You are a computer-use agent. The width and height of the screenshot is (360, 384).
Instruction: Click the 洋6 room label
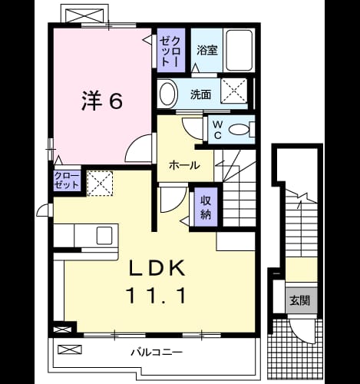(102, 101)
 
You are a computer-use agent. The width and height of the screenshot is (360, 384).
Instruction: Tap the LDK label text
(157, 268)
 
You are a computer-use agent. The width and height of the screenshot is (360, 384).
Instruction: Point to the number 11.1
(156, 296)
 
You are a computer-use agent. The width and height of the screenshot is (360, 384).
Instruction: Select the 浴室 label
(207, 50)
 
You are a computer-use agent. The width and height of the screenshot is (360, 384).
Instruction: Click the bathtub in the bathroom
(239, 50)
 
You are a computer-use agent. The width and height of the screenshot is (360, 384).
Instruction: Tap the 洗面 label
(200, 94)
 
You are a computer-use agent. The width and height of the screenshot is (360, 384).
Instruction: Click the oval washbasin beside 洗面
(168, 94)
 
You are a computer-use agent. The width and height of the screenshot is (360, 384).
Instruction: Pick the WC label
(217, 130)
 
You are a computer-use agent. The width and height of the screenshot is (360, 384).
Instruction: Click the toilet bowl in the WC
(239, 130)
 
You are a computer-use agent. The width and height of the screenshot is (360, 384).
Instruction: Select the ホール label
(184, 165)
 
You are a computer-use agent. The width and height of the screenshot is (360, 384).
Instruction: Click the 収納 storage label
(206, 207)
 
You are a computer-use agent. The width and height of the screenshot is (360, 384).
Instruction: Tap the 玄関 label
(300, 300)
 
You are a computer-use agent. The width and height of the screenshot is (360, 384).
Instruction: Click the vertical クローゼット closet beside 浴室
(170, 51)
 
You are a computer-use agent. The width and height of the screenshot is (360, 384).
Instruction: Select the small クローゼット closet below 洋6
(67, 180)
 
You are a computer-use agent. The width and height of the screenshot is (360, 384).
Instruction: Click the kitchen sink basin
(104, 236)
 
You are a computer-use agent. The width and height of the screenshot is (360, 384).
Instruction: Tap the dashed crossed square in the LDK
(100, 184)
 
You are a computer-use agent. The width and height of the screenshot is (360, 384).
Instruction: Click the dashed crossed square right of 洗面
(233, 91)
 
